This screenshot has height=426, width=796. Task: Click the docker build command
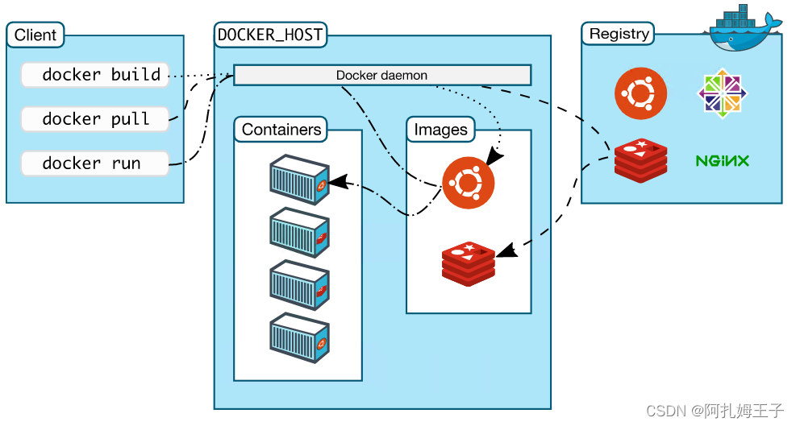click(x=95, y=75)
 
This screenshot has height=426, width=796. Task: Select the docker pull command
click(x=95, y=119)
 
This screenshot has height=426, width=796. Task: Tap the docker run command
click(x=95, y=163)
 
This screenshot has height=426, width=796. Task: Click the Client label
click(x=35, y=35)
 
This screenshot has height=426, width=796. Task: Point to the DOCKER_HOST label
click(x=270, y=35)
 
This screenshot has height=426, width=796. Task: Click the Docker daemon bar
click(x=382, y=76)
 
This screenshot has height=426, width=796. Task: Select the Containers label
click(x=281, y=129)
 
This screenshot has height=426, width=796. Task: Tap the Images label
click(x=440, y=129)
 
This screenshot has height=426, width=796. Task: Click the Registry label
click(x=619, y=34)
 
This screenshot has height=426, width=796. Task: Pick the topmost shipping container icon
click(x=299, y=179)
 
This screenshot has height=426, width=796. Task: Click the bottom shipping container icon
click(x=299, y=337)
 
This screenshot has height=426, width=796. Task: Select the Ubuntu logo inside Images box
click(x=468, y=182)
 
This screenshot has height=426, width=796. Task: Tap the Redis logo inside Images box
click(x=469, y=262)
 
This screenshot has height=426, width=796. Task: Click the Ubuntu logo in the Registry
click(x=640, y=93)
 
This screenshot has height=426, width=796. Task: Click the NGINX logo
click(x=722, y=161)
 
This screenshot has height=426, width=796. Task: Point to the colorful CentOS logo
click(x=722, y=91)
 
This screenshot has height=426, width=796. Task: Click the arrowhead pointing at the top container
click(x=339, y=181)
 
